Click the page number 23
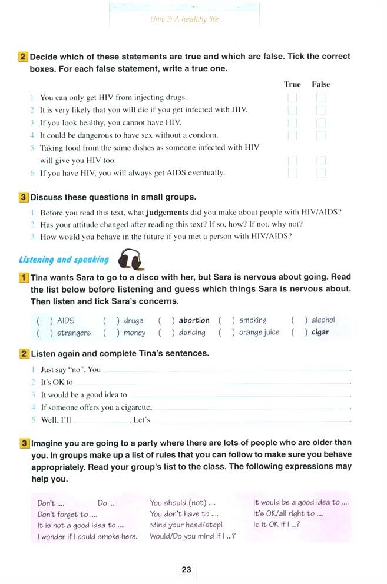click(186, 569)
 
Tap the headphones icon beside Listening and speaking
click(131, 258)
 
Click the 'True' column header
click(292, 84)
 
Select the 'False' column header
click(320, 84)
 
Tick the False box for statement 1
click(320, 97)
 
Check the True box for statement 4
click(292, 135)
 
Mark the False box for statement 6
click(320, 173)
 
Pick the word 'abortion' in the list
click(194, 321)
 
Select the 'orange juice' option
click(259, 333)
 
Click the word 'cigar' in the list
click(320, 333)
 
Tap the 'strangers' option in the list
click(74, 333)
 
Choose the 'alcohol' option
click(323, 320)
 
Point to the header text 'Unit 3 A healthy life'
click(184, 19)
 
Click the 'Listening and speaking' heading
click(64, 259)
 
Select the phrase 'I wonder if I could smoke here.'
click(87, 536)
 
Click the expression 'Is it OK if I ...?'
click(277, 525)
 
